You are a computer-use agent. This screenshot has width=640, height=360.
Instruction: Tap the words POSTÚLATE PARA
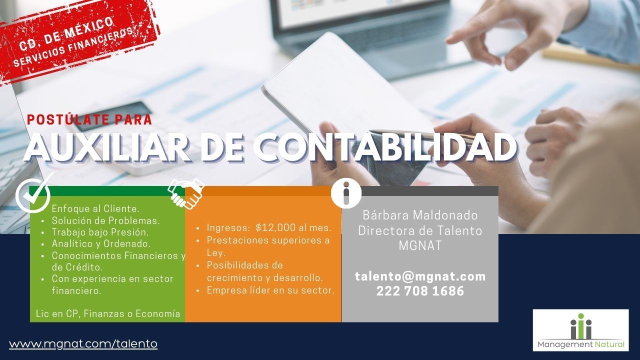89,119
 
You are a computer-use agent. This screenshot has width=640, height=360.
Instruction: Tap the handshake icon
186,193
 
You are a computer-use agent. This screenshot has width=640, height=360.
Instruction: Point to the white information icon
346,193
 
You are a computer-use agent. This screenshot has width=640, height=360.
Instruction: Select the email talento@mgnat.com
420,276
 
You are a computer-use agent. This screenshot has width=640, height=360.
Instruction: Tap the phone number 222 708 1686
420,291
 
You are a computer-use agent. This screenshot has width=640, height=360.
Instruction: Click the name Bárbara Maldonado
420,215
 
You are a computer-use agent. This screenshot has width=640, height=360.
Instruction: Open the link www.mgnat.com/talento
83,343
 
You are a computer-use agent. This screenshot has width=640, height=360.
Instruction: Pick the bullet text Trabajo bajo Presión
100,232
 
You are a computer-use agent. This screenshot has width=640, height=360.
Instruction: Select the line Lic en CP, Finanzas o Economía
108,313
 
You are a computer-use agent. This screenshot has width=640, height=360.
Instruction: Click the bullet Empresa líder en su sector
270,290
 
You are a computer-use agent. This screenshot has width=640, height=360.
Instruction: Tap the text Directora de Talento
420,230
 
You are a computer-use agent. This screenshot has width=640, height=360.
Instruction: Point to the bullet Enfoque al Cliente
95,209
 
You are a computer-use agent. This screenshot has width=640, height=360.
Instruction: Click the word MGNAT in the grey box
420,245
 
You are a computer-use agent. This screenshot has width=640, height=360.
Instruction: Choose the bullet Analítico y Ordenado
101,243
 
